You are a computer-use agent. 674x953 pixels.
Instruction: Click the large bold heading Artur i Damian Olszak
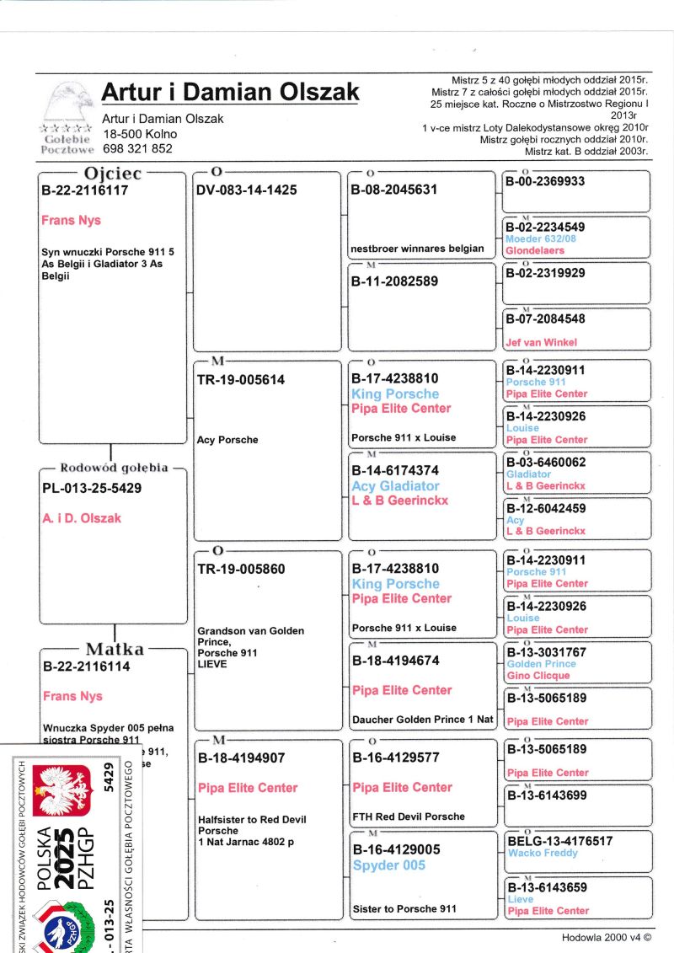230,92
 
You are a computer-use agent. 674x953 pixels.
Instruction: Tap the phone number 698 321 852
137,148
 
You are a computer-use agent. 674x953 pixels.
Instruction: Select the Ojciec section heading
112,174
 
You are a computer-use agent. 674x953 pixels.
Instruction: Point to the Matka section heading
115,649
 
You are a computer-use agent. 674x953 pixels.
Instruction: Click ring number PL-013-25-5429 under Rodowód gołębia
92,489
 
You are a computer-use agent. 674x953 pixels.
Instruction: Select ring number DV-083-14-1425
246,190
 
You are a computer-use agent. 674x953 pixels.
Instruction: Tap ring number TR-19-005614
240,380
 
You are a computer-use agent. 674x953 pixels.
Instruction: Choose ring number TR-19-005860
240,570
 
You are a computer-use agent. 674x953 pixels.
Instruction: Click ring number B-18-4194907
242,758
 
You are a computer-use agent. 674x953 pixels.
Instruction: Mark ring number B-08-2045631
393,190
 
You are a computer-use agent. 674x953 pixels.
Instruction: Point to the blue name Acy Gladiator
395,486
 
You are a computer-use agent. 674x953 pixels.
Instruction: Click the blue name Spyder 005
388,865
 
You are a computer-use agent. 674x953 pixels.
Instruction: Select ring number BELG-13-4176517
559,841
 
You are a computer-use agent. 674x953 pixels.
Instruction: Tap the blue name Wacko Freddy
543,853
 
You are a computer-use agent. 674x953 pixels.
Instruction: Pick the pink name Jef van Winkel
541,343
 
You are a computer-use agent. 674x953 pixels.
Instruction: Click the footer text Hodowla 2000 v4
607,938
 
